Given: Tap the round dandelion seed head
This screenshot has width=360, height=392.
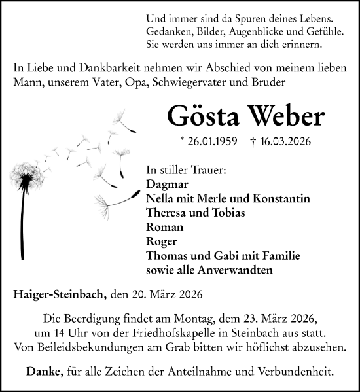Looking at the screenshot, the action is [28, 175].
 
